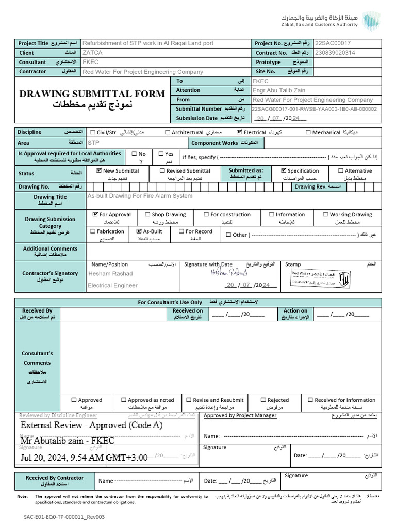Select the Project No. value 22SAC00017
tap(333, 43)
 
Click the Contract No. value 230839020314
tap(336, 53)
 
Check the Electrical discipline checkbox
tap(240, 133)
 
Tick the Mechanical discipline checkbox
tap(308, 133)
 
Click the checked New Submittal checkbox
tap(99, 170)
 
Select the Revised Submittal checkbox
tap(162, 170)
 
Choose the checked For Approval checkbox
tap(95, 214)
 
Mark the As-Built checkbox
tap(139, 231)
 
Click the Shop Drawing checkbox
tap(147, 214)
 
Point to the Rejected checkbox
tap(263, 400)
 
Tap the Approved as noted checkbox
tap(124, 400)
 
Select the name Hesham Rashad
tap(110, 274)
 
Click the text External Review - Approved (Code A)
tap(91, 425)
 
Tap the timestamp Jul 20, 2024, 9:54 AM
tap(84, 457)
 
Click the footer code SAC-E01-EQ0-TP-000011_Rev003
tap(64, 517)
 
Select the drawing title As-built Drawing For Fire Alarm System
tap(140, 196)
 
